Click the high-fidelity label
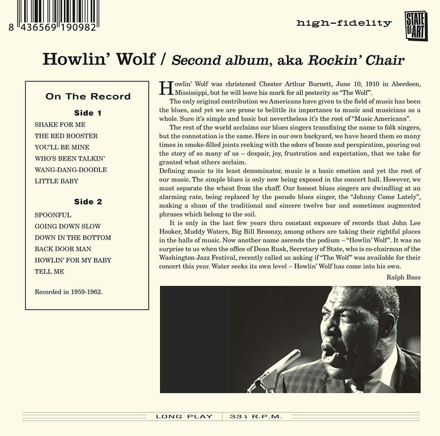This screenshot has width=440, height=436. tap(343, 23)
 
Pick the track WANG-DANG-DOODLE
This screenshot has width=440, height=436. tap(70, 169)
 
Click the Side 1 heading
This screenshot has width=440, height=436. tap(88, 112)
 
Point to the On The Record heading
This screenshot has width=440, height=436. tap(88, 96)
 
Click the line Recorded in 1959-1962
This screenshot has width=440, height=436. tap(69, 289)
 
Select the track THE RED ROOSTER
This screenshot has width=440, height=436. tap(65, 135)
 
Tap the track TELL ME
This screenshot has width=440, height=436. tap(49, 271)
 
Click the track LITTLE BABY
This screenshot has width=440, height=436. tap(56, 180)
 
